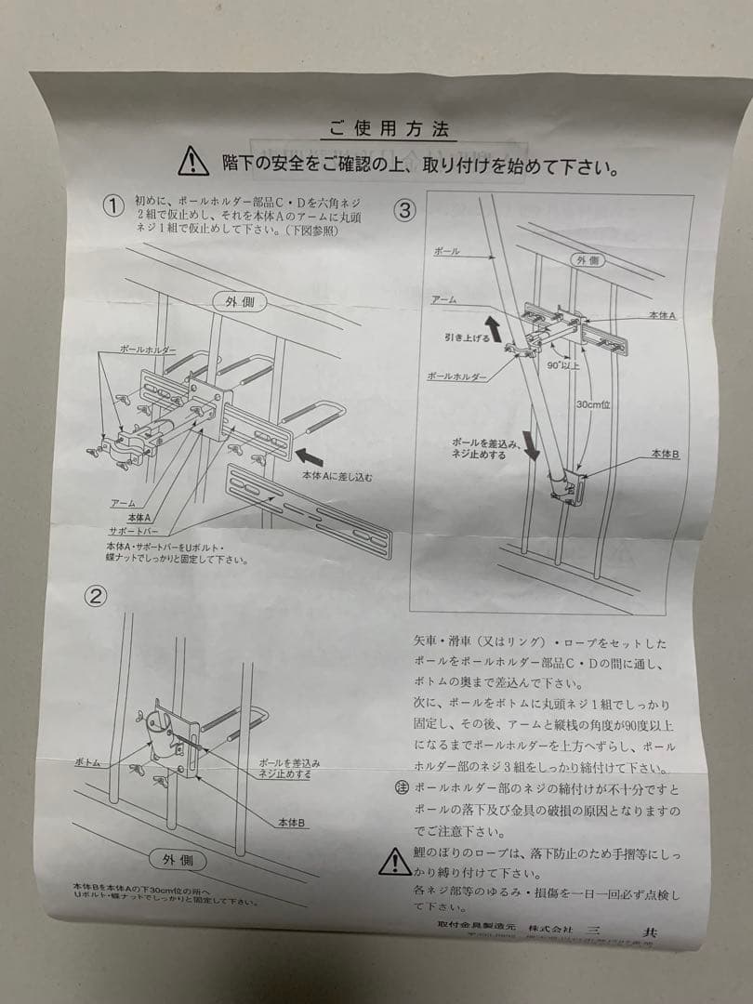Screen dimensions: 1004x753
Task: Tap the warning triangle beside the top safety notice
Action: [x=193, y=161]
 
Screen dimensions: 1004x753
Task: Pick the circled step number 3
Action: [x=405, y=210]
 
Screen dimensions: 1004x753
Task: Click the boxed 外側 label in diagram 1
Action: [x=239, y=302]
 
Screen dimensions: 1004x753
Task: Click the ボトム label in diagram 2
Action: [x=89, y=761]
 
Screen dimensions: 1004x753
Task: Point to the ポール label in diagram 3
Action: [x=446, y=252]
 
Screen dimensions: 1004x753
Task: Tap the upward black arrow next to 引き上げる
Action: [x=491, y=327]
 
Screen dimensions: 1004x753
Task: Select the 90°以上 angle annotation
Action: [x=563, y=365]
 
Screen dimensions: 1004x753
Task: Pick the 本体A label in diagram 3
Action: [x=662, y=316]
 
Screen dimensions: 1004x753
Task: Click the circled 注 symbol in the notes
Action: [x=403, y=788]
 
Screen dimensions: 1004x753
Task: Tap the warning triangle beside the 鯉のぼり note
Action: [x=394, y=862]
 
